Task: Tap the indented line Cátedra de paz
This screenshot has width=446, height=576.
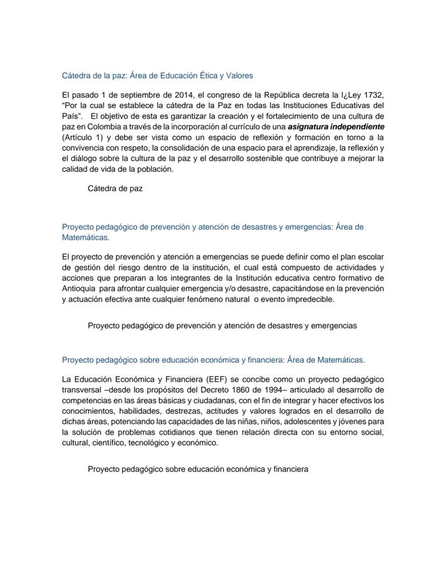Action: point(115,189)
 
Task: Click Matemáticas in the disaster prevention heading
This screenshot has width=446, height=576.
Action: point(86,237)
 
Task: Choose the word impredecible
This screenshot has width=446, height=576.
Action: point(306,299)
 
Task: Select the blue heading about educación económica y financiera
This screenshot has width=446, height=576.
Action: point(213,359)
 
